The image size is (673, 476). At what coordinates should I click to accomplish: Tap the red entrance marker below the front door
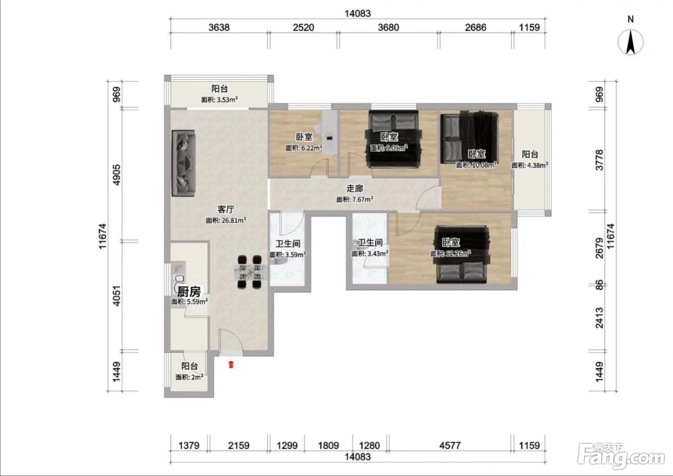pyautogui.click(x=231, y=365)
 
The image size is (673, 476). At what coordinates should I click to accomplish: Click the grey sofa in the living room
pyautogui.click(x=183, y=163)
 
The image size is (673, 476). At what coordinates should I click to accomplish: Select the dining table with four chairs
pyautogui.click(x=249, y=272)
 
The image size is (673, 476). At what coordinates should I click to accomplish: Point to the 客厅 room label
pyautogui.click(x=225, y=209)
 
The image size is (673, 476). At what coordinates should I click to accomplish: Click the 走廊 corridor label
pyautogui.click(x=355, y=188)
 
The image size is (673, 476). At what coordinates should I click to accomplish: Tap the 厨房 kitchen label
pyautogui.click(x=188, y=292)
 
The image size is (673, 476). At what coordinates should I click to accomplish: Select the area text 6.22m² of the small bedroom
pyautogui.click(x=312, y=148)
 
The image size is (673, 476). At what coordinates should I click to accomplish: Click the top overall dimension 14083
pyautogui.click(x=358, y=13)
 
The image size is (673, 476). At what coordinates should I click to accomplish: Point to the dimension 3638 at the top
pyautogui.click(x=219, y=27)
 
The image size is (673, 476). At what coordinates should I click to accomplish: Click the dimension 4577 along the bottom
pyautogui.click(x=450, y=445)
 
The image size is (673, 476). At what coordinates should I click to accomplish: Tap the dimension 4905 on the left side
pyautogui.click(x=116, y=175)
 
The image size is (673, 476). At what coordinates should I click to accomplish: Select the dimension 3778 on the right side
pyautogui.click(x=599, y=160)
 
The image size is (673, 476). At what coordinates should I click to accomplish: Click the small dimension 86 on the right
pyautogui.click(x=599, y=285)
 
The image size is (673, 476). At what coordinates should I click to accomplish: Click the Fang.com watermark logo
pyautogui.click(x=621, y=456)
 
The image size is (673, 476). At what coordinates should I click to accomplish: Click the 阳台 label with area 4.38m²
pyautogui.click(x=530, y=155)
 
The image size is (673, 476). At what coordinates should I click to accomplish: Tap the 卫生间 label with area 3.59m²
pyautogui.click(x=288, y=244)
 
